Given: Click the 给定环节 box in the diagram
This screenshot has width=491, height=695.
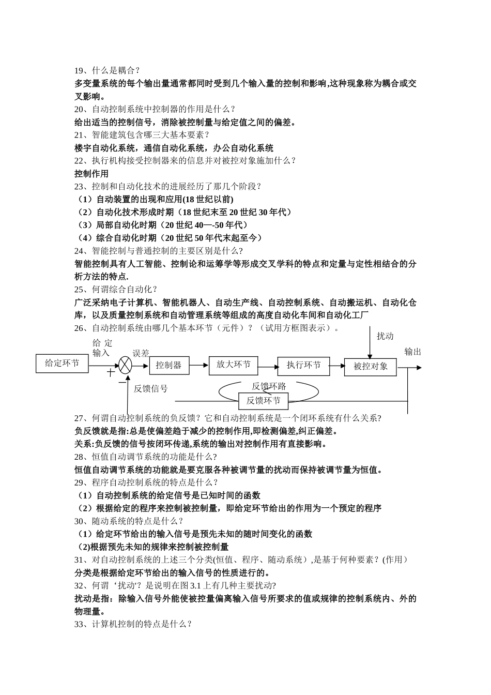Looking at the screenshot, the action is click(x=62, y=363).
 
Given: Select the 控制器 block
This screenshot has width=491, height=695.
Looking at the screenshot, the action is click(x=169, y=365).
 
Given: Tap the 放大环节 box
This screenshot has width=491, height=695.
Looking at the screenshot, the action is click(x=233, y=365).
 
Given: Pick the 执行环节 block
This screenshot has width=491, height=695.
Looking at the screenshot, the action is click(x=303, y=365).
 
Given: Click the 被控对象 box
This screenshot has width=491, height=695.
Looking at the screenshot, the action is click(x=371, y=366).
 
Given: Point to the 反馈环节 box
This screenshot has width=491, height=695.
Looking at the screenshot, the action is click(x=263, y=400).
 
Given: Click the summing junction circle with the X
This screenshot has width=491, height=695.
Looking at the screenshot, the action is click(x=125, y=365).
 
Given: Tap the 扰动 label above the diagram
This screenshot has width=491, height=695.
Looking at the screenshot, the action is click(x=385, y=336).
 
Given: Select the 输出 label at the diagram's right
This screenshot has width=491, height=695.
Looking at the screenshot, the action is click(x=412, y=352).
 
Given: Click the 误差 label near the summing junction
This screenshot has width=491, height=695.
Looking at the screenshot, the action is click(x=141, y=353).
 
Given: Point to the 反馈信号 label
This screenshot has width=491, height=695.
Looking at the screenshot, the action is click(x=150, y=388).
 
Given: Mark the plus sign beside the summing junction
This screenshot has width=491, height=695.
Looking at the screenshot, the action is click(x=110, y=372).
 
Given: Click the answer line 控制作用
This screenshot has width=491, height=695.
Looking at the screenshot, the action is click(x=91, y=173).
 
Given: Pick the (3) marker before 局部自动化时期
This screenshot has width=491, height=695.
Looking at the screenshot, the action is click(x=84, y=225).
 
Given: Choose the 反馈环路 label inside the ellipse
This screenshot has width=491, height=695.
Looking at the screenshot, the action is click(x=269, y=386).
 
